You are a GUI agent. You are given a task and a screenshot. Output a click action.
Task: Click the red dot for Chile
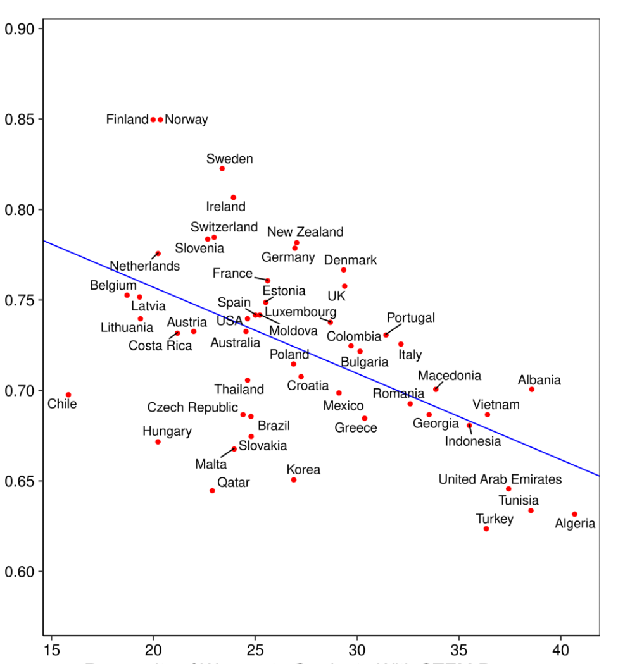pyautogui.click(x=68, y=395)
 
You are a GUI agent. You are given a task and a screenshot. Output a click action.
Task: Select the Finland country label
pyautogui.click(x=127, y=120)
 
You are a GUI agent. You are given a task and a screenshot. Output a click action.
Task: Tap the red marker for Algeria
pyautogui.click(x=574, y=514)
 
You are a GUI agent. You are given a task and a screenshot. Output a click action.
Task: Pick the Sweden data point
pyautogui.click(x=222, y=168)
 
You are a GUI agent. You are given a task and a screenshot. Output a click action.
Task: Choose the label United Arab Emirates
pyautogui.click(x=500, y=479)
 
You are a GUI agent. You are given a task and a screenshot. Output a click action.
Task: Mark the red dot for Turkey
pyautogui.click(x=486, y=528)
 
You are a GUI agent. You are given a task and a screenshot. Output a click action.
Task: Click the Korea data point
pyautogui.click(x=294, y=480)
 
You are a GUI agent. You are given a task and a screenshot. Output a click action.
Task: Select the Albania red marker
pyautogui.click(x=532, y=389)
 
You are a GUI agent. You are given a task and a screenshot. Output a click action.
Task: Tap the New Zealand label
pyautogui.click(x=305, y=232)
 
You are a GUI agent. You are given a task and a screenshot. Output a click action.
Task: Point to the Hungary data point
pyautogui.click(x=158, y=441)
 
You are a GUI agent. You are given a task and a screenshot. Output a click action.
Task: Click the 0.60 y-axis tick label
pyautogui.click(x=22, y=572)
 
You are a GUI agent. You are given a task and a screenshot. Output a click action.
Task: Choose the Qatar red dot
pyautogui.click(x=212, y=491)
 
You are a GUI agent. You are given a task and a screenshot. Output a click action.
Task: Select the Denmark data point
pyautogui.click(x=344, y=270)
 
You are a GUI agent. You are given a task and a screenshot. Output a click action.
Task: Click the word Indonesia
pyautogui.click(x=472, y=441)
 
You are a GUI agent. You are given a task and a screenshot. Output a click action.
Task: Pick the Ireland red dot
pyautogui.click(x=233, y=197)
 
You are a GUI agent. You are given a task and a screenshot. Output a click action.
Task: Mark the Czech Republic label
pyautogui.click(x=192, y=408)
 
